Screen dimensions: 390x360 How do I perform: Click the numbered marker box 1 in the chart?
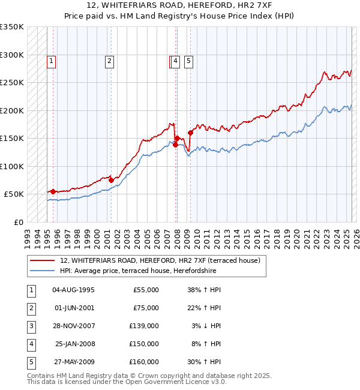(x=52, y=60)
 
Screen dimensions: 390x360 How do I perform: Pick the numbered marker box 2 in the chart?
(x=110, y=60)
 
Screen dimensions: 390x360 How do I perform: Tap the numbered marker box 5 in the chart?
(x=188, y=60)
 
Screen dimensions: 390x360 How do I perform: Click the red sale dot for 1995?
(x=53, y=191)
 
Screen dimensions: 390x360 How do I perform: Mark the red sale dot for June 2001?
(x=111, y=180)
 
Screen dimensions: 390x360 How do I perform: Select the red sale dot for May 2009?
(x=190, y=133)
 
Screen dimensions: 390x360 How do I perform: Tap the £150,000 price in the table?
(x=144, y=344)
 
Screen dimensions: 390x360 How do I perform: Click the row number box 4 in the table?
(x=30, y=344)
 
